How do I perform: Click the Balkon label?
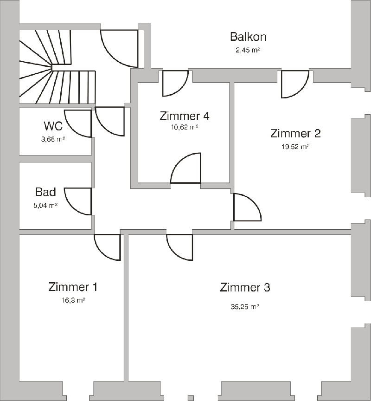coord(248,37)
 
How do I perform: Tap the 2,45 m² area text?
coord(248,50)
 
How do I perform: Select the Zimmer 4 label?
coord(185,116)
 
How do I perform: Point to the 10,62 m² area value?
coord(185,127)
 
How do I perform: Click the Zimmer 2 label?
coord(295,134)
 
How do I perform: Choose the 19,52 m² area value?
coord(295,147)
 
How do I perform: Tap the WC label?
coord(53,126)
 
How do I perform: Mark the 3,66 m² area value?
coord(53,139)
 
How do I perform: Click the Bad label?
coord(45,192)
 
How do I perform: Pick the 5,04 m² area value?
coord(45,205)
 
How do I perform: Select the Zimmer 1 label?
coord(73,287)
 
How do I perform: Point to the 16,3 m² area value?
coord(73,300)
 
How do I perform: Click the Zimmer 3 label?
coord(245,287)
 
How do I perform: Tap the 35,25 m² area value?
coord(245,307)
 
